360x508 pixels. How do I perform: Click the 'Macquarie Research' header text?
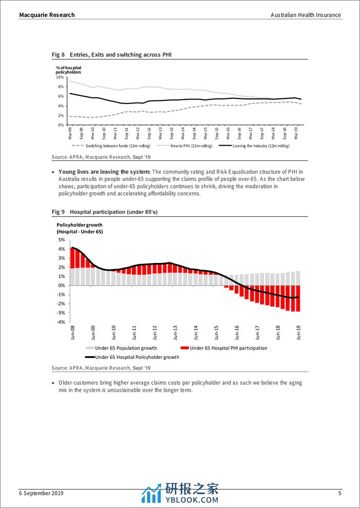pos(47,15)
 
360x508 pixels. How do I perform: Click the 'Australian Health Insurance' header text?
pos(306,15)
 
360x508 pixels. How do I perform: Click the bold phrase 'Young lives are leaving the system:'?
pos(106,172)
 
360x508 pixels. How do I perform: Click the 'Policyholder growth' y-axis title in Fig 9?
pos(79,225)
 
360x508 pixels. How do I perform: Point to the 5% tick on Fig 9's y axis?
pos(62,240)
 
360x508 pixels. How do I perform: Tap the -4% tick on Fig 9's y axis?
pos(61,322)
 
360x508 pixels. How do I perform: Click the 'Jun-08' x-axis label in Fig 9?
pos(72,333)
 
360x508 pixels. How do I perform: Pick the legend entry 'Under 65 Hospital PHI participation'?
pos(228,348)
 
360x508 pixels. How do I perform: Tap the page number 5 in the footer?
pos(339,493)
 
